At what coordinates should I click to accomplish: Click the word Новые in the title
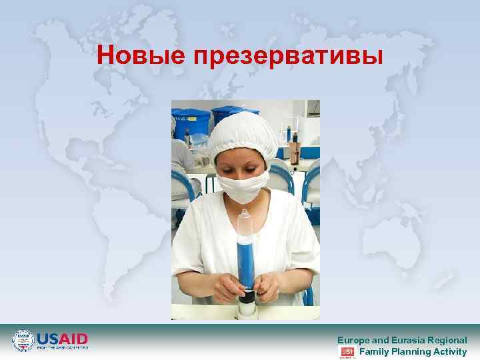pyautogui.click(x=141, y=56)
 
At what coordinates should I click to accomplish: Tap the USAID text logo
pyautogui.click(x=62, y=339)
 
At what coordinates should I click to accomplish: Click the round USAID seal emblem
pyautogui.click(x=23, y=341)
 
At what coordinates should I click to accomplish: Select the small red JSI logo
pyautogui.click(x=347, y=351)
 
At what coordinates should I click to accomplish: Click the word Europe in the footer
pyautogui.click(x=353, y=340)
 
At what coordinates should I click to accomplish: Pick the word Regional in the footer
pyautogui.click(x=448, y=340)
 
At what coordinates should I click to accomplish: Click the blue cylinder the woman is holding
pyautogui.click(x=246, y=257)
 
